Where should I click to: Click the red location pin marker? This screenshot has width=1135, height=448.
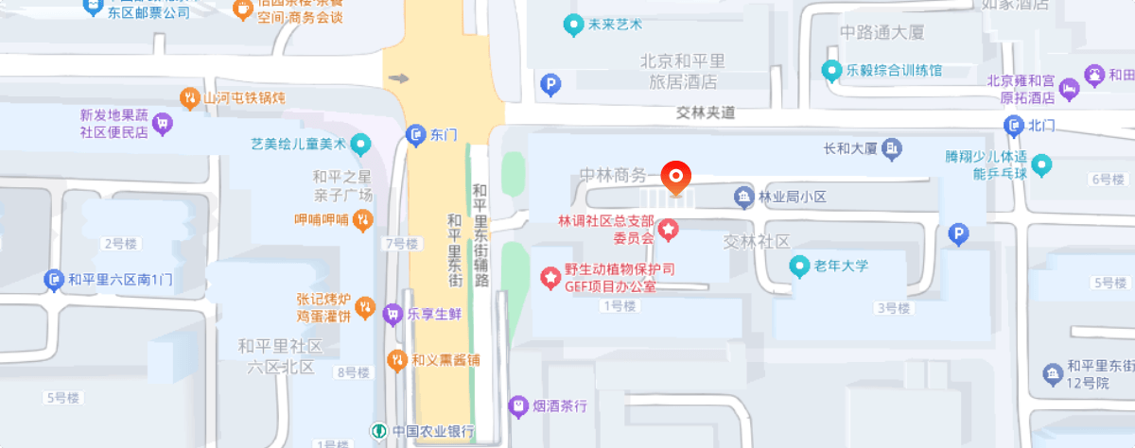[676, 177]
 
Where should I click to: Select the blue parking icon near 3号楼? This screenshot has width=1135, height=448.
[959, 234]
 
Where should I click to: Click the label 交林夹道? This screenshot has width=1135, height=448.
[706, 112]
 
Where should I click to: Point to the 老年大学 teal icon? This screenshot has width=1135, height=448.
[800, 267]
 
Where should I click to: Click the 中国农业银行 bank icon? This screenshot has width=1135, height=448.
[378, 432]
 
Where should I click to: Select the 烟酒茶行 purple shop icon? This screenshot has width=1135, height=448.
[517, 406]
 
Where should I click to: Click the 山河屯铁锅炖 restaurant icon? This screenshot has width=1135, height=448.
[189, 97]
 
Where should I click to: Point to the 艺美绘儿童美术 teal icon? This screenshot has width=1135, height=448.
[359, 145]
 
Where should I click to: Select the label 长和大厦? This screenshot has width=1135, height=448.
[850, 148]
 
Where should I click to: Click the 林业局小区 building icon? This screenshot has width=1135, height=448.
[744, 197]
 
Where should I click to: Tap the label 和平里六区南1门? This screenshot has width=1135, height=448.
[120, 280]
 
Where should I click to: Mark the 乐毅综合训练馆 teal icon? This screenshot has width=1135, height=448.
[831, 70]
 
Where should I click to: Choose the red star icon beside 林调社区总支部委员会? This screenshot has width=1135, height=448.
[667, 228]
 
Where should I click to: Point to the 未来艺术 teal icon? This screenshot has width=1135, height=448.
[572, 26]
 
